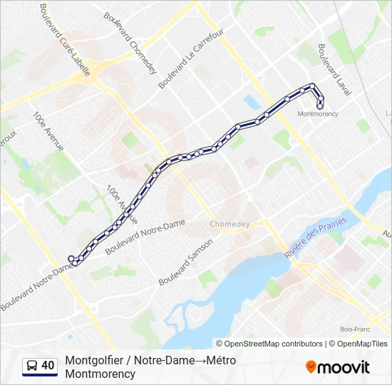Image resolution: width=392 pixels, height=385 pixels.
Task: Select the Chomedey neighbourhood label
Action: (x=229, y=224)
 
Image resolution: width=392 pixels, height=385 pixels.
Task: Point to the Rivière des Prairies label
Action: (x=315, y=238)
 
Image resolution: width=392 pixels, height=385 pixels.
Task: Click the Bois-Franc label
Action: (x=354, y=329)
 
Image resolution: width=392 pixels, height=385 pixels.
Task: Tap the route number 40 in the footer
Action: (x=48, y=366)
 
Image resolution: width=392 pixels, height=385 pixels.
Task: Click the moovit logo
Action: (x=338, y=367)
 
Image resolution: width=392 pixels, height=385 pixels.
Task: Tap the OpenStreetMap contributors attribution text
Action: (x=269, y=344)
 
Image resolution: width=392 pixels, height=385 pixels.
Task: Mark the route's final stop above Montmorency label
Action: (x=320, y=105)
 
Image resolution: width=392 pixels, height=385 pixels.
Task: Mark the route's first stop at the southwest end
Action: (x=71, y=259)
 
